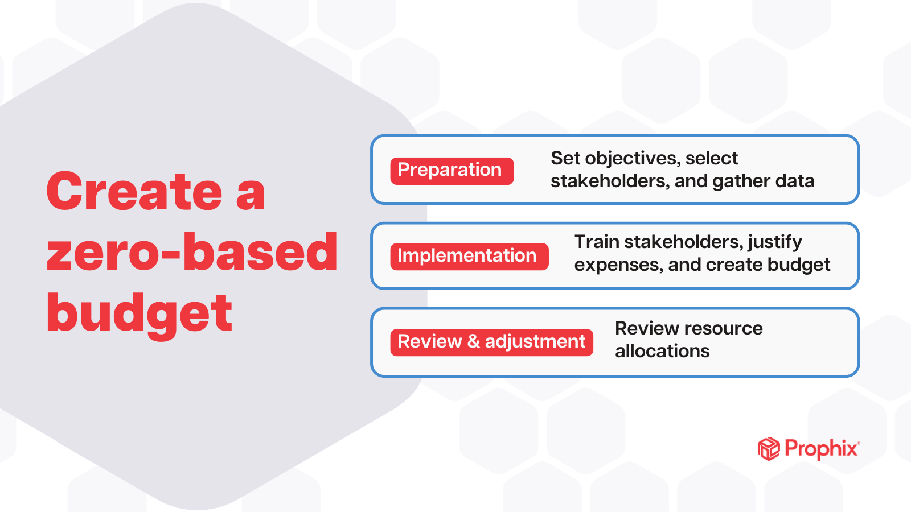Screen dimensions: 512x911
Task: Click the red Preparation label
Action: pyautogui.click(x=452, y=171)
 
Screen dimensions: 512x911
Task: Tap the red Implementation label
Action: pyautogui.click(x=469, y=256)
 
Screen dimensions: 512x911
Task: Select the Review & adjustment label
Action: pyautogui.click(x=491, y=342)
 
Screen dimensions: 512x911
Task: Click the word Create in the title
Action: pyautogui.click(x=134, y=192)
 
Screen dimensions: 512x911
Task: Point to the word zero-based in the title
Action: pyautogui.click(x=192, y=252)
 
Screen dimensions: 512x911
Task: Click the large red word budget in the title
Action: pyautogui.click(x=139, y=314)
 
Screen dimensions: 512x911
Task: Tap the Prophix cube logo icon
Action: pyautogui.click(x=769, y=449)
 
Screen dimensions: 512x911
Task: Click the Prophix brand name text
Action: pyautogui.click(x=821, y=449)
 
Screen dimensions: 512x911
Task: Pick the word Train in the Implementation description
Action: pyautogui.click(x=596, y=242)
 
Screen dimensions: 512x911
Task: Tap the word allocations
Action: pyautogui.click(x=662, y=351)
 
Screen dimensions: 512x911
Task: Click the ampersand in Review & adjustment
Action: pyautogui.click(x=473, y=342)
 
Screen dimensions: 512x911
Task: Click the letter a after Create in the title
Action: pyautogui.click(x=251, y=193)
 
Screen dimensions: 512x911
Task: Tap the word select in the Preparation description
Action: pyautogui.click(x=712, y=158)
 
